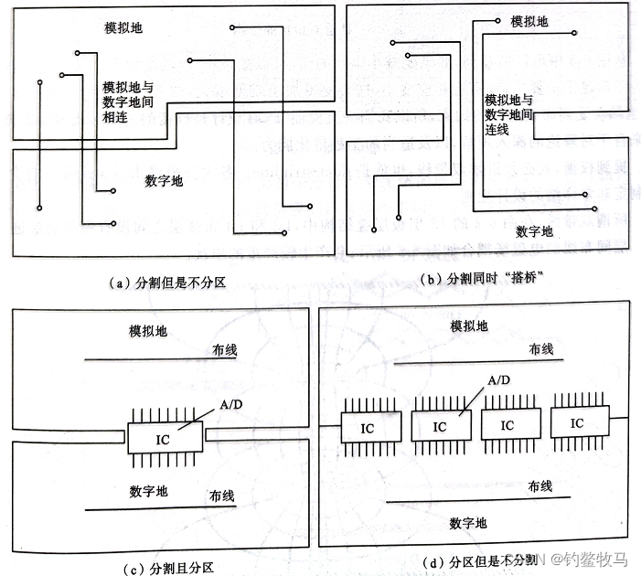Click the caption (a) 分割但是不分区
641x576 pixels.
coord(167,283)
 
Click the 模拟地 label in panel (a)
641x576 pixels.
coord(123,29)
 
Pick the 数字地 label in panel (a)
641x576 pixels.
coord(164,181)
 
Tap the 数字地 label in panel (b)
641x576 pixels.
coord(534,230)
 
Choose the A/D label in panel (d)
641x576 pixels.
coord(499,379)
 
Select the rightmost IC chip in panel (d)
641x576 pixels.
coord(575,423)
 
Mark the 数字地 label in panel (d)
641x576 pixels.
coord(468,523)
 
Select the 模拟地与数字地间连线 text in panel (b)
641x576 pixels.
coord(509,114)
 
